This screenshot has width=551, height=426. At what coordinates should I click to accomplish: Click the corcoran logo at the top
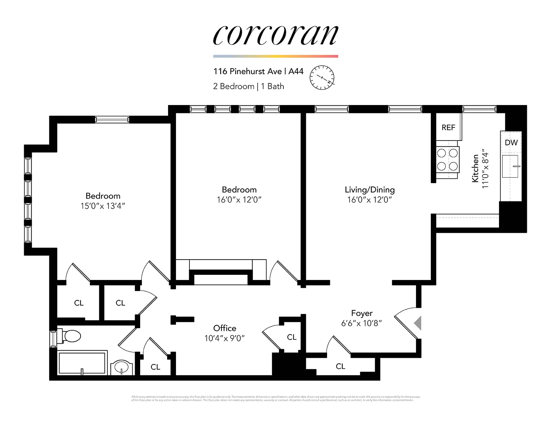click(275, 35)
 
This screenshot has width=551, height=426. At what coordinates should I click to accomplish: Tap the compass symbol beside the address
click(322, 77)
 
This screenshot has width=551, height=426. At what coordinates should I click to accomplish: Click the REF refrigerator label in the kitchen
click(448, 127)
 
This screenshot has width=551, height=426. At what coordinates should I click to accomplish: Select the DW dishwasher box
click(511, 142)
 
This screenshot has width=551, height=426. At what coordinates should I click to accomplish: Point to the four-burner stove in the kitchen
click(447, 160)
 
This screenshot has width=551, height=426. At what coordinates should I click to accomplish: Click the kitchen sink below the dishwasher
click(510, 166)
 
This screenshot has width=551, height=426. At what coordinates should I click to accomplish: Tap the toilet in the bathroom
click(71, 336)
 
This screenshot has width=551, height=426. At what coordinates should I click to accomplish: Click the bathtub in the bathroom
click(82, 363)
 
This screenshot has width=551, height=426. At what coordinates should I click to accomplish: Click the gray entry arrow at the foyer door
click(417, 323)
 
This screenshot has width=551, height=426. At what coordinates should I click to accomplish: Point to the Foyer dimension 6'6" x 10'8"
click(361, 323)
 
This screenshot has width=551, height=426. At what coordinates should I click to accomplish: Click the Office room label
click(225, 328)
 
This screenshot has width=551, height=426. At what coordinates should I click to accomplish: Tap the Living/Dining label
click(370, 189)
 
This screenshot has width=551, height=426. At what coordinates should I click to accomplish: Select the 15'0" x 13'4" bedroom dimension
click(103, 206)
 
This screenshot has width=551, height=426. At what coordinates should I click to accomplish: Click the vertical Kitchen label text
click(475, 168)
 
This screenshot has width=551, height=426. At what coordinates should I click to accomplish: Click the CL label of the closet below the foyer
click(340, 366)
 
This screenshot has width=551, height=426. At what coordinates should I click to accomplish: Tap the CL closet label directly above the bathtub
click(79, 303)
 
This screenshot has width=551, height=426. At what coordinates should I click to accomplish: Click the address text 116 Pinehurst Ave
click(247, 71)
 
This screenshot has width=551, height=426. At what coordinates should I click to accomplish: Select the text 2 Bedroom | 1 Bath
click(248, 86)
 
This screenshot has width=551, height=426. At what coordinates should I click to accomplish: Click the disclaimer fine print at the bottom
click(275, 398)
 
